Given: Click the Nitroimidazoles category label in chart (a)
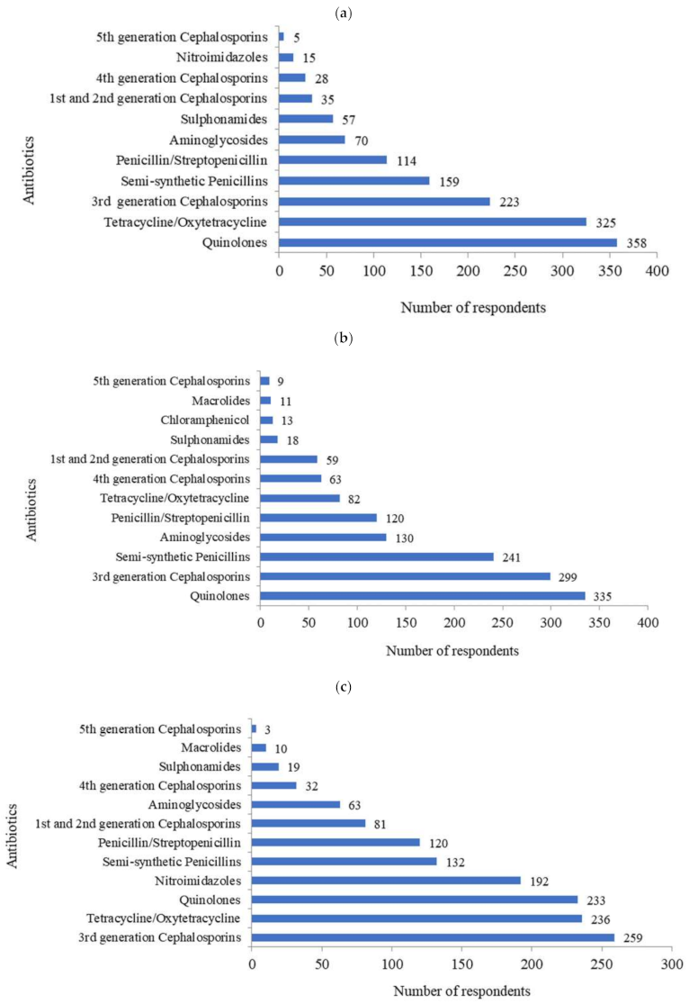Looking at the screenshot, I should pyautogui.click(x=237, y=58).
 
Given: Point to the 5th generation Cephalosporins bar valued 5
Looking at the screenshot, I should pyautogui.click(x=282, y=37).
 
